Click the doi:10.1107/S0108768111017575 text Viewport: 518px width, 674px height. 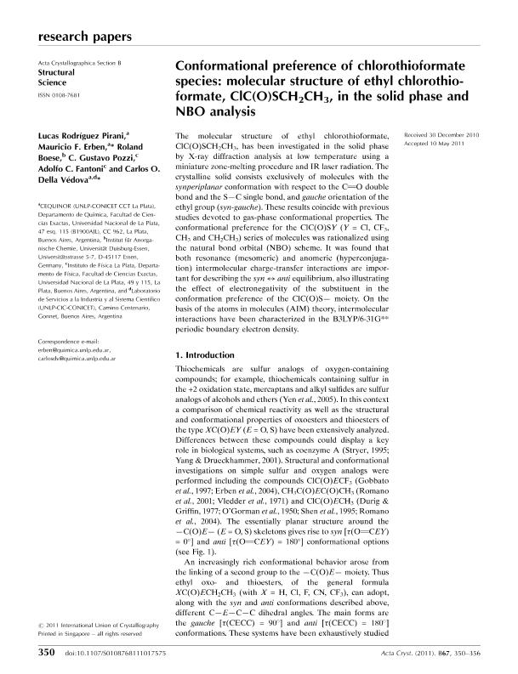click(x=116, y=653)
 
